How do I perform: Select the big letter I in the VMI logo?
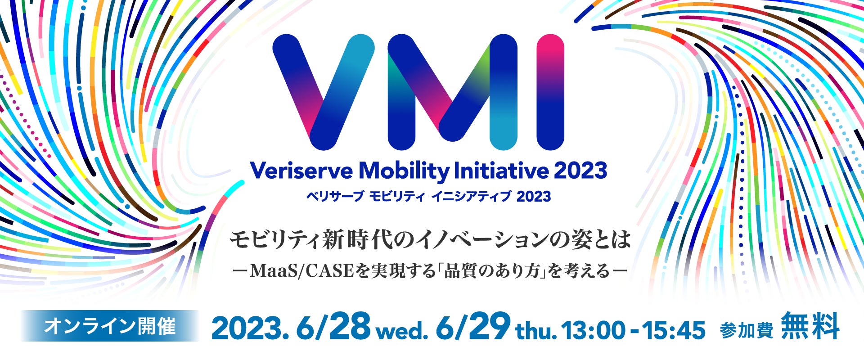coord(550,92)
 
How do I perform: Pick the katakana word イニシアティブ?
coord(471,197)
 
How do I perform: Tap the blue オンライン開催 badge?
coord(110,326)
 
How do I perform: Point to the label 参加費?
coord(747,331)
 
